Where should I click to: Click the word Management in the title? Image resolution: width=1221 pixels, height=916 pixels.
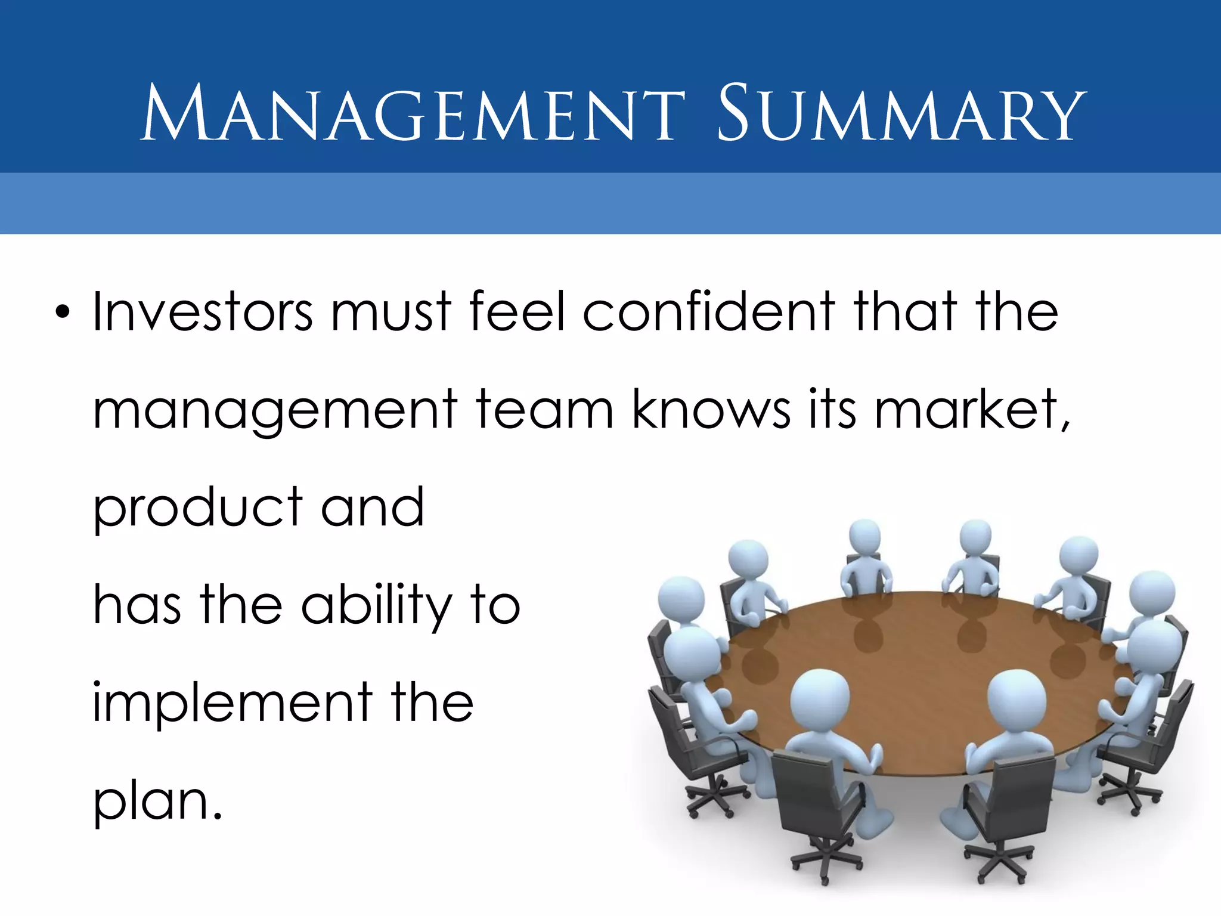[413, 113]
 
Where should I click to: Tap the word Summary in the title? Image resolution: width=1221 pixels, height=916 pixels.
[901, 113]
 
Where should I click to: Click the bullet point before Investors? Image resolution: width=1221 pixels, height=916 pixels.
[62, 312]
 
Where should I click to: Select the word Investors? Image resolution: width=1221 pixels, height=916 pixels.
[203, 312]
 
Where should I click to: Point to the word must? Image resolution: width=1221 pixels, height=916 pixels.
[391, 312]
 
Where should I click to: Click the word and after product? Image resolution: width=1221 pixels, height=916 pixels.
[373, 508]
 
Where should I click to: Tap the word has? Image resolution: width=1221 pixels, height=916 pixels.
[137, 606]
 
